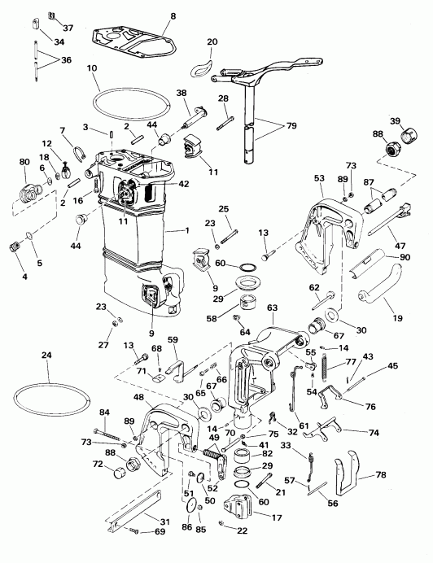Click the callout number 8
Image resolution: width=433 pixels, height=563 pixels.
tap(172, 16)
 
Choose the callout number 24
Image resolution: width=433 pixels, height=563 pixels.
tap(47, 355)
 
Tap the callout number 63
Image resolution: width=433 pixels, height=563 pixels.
tap(272, 310)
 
